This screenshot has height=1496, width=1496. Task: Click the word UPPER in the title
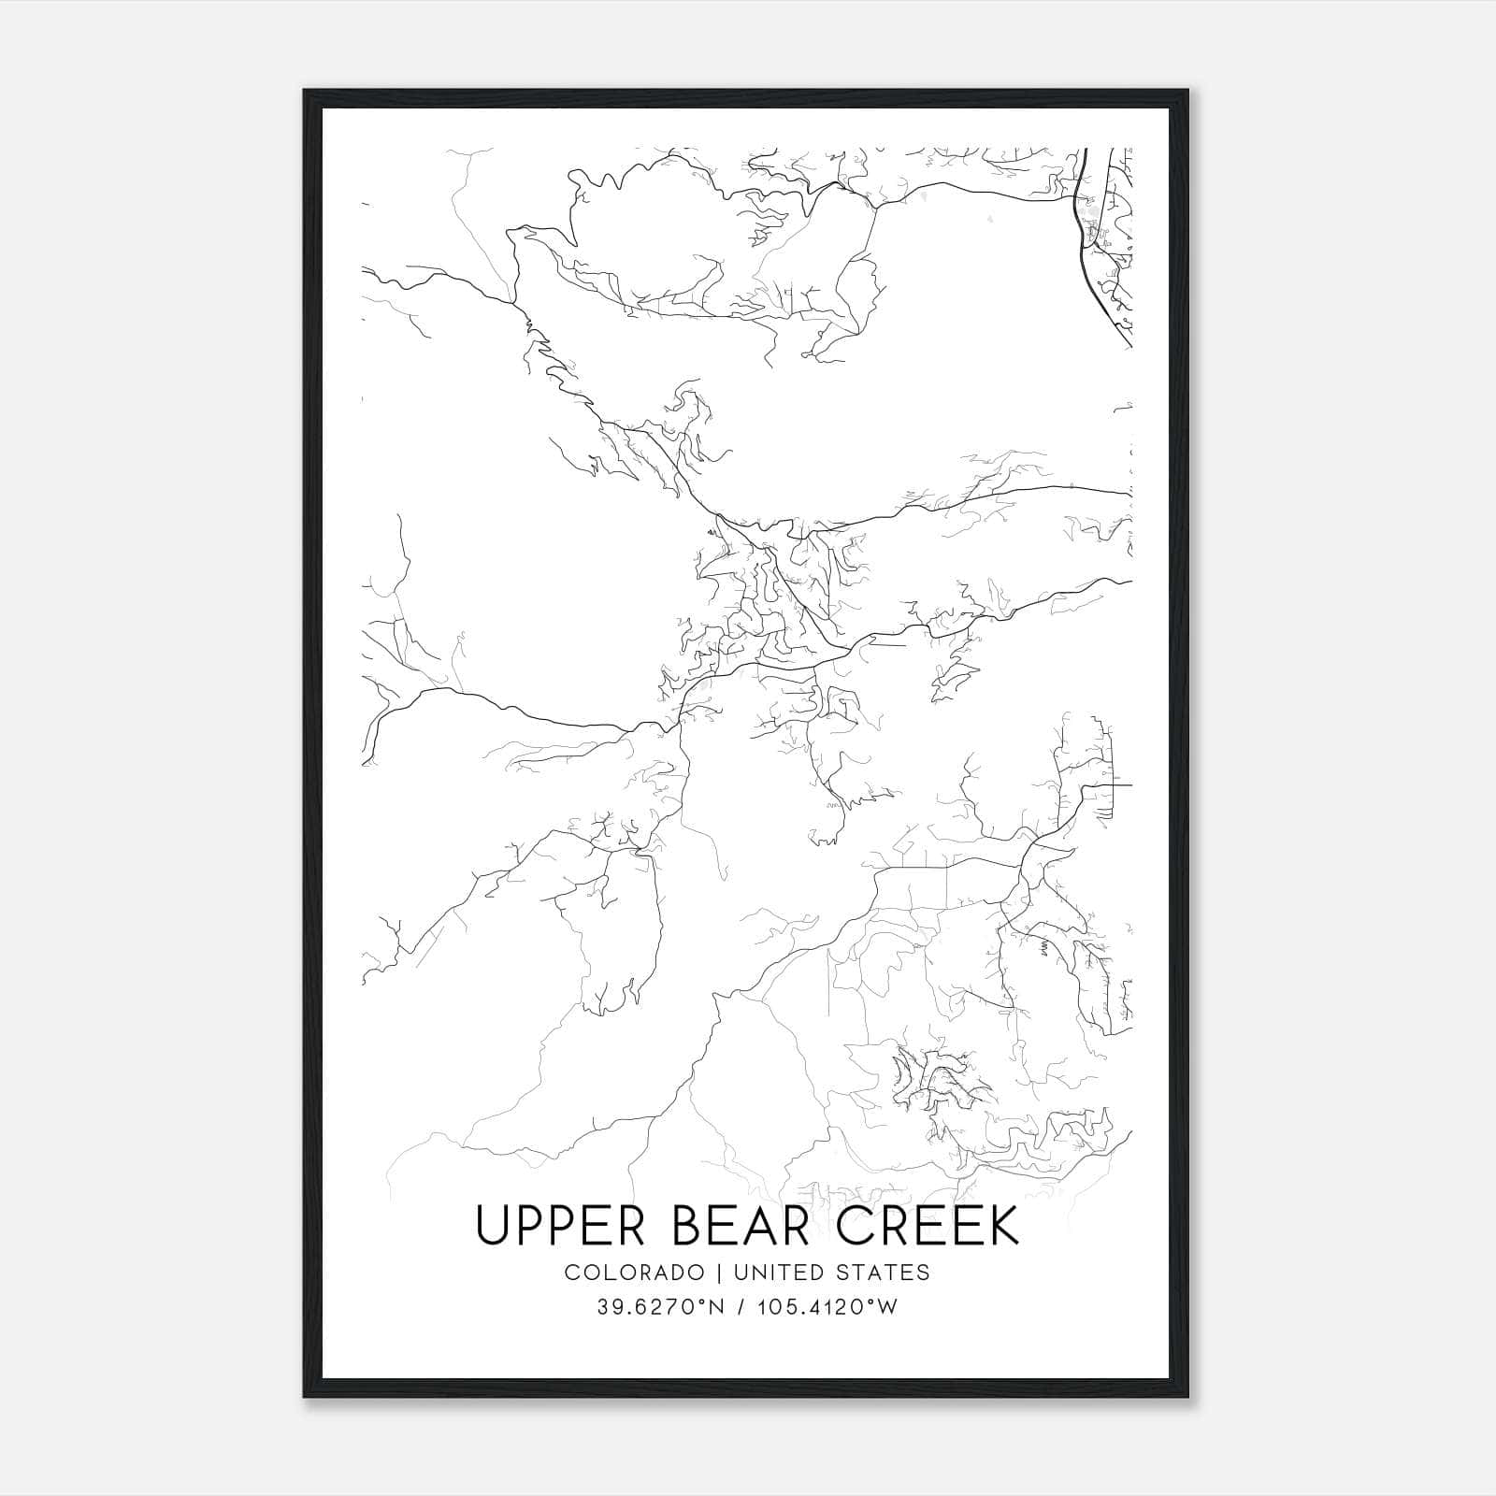tap(559, 1226)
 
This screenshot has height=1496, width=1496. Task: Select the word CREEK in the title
tap(927, 1226)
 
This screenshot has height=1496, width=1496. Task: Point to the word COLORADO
tap(634, 1273)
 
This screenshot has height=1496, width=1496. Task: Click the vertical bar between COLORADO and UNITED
tap(720, 1273)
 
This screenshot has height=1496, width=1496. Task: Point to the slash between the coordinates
tap(740, 1307)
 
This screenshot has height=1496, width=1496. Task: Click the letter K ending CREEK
tap(1001, 1226)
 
